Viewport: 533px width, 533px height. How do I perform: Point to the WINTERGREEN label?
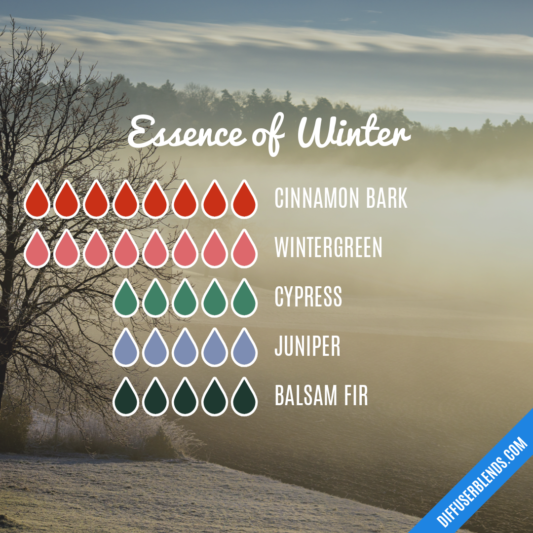coord(328,248)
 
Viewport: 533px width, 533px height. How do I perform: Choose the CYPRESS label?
coord(308,297)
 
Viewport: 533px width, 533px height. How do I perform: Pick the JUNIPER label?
coord(307,346)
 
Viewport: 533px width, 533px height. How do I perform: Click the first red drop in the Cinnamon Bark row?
coord(37,200)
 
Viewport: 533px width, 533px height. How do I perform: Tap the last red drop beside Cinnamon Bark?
coord(244,200)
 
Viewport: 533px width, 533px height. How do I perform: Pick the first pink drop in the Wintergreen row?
coord(37,250)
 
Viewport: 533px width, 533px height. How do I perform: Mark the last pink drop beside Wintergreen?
coord(244,250)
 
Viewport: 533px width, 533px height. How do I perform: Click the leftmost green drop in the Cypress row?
coord(126,299)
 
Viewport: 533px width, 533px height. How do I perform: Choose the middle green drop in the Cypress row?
coord(185,299)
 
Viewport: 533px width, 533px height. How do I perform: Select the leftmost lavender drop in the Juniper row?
coord(126,348)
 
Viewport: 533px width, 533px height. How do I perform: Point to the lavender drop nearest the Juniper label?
coord(244,348)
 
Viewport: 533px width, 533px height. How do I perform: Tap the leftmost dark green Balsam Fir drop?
coord(126,398)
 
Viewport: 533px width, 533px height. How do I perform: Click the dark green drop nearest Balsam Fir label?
coord(244,398)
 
